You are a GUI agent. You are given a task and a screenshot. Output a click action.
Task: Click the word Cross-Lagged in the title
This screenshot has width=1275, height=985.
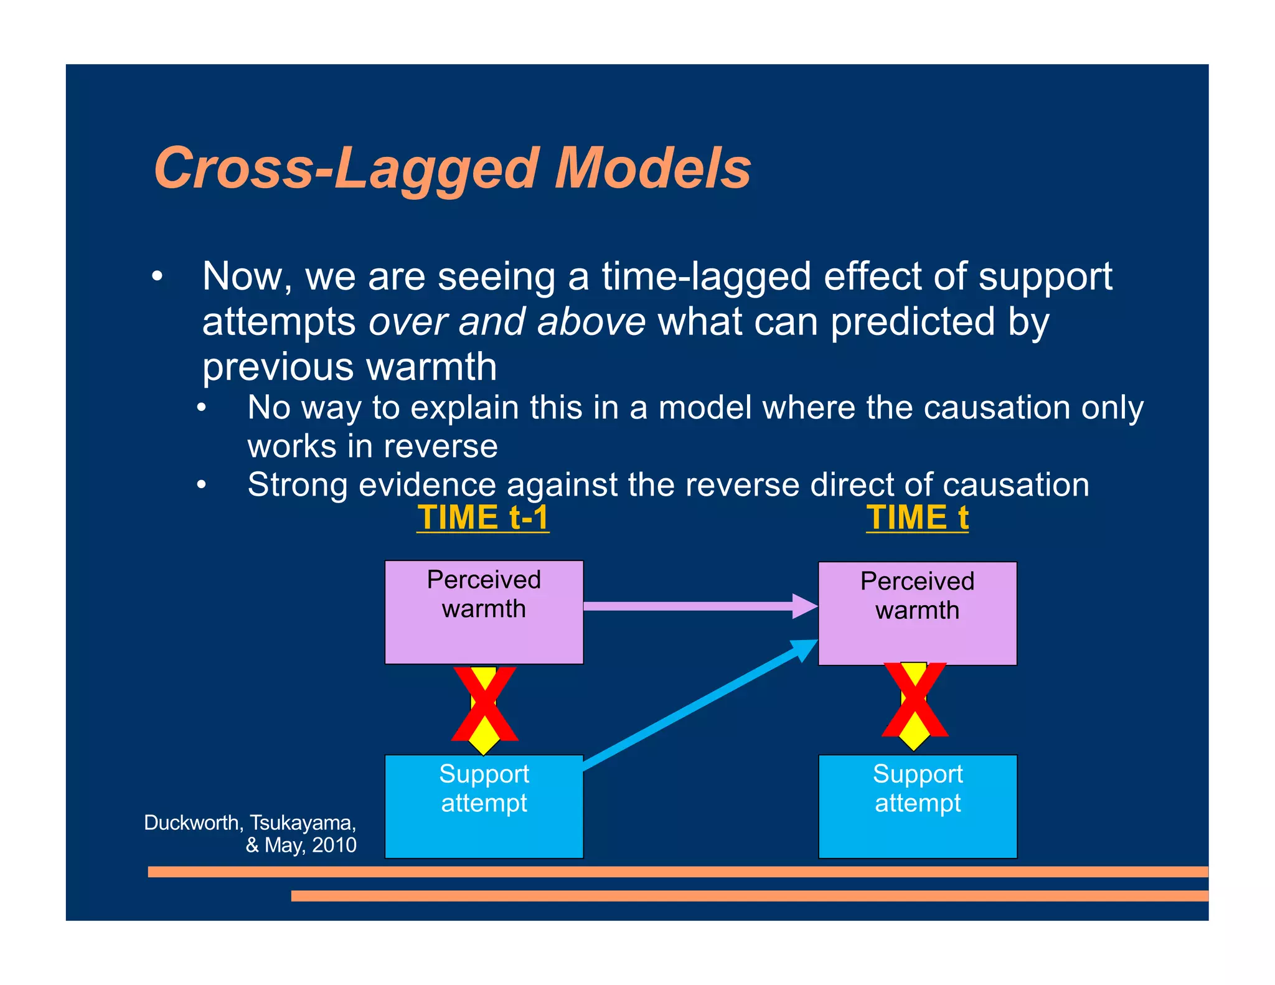pyautogui.click(x=346, y=169)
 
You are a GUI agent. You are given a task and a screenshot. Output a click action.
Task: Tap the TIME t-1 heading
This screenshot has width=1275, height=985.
pyautogui.click(x=482, y=518)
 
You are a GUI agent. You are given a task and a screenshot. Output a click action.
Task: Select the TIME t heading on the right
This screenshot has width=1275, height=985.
pyautogui.click(x=917, y=518)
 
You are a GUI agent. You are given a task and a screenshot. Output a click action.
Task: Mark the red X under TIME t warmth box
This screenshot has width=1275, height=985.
pyautogui.click(x=915, y=700)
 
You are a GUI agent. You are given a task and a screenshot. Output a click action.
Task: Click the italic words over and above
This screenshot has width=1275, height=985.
pyautogui.click(x=507, y=322)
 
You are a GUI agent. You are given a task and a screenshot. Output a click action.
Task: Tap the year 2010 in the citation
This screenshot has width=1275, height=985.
pyautogui.click(x=334, y=846)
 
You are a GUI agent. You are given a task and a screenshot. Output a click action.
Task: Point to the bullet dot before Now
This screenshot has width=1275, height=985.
pyautogui.click(x=158, y=276)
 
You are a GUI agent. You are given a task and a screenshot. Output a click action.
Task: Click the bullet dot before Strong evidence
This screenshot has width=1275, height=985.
pyautogui.click(x=201, y=484)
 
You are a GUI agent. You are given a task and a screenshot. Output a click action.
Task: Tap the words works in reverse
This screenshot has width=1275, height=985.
pyautogui.click(x=372, y=446)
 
